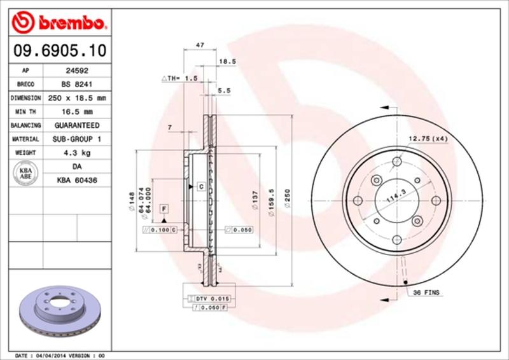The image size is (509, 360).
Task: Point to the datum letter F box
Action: coord(164,209)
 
